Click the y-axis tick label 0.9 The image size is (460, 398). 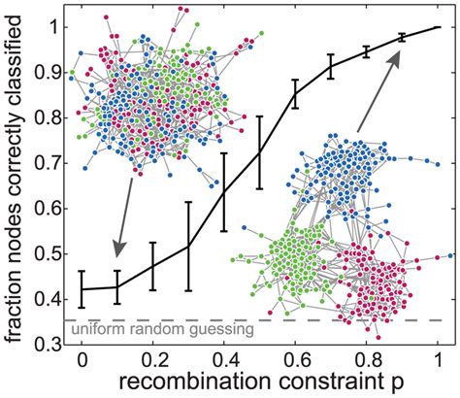point(49,73)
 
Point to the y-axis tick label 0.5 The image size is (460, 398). point(49,253)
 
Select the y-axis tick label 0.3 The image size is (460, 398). point(49,344)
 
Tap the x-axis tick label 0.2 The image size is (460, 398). point(152,358)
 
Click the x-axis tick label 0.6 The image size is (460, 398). point(296,358)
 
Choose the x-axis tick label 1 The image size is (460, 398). point(439,358)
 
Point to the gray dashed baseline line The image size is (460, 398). point(291,319)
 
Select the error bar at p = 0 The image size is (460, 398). point(82,288)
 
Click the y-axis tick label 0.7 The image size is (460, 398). point(49,163)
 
